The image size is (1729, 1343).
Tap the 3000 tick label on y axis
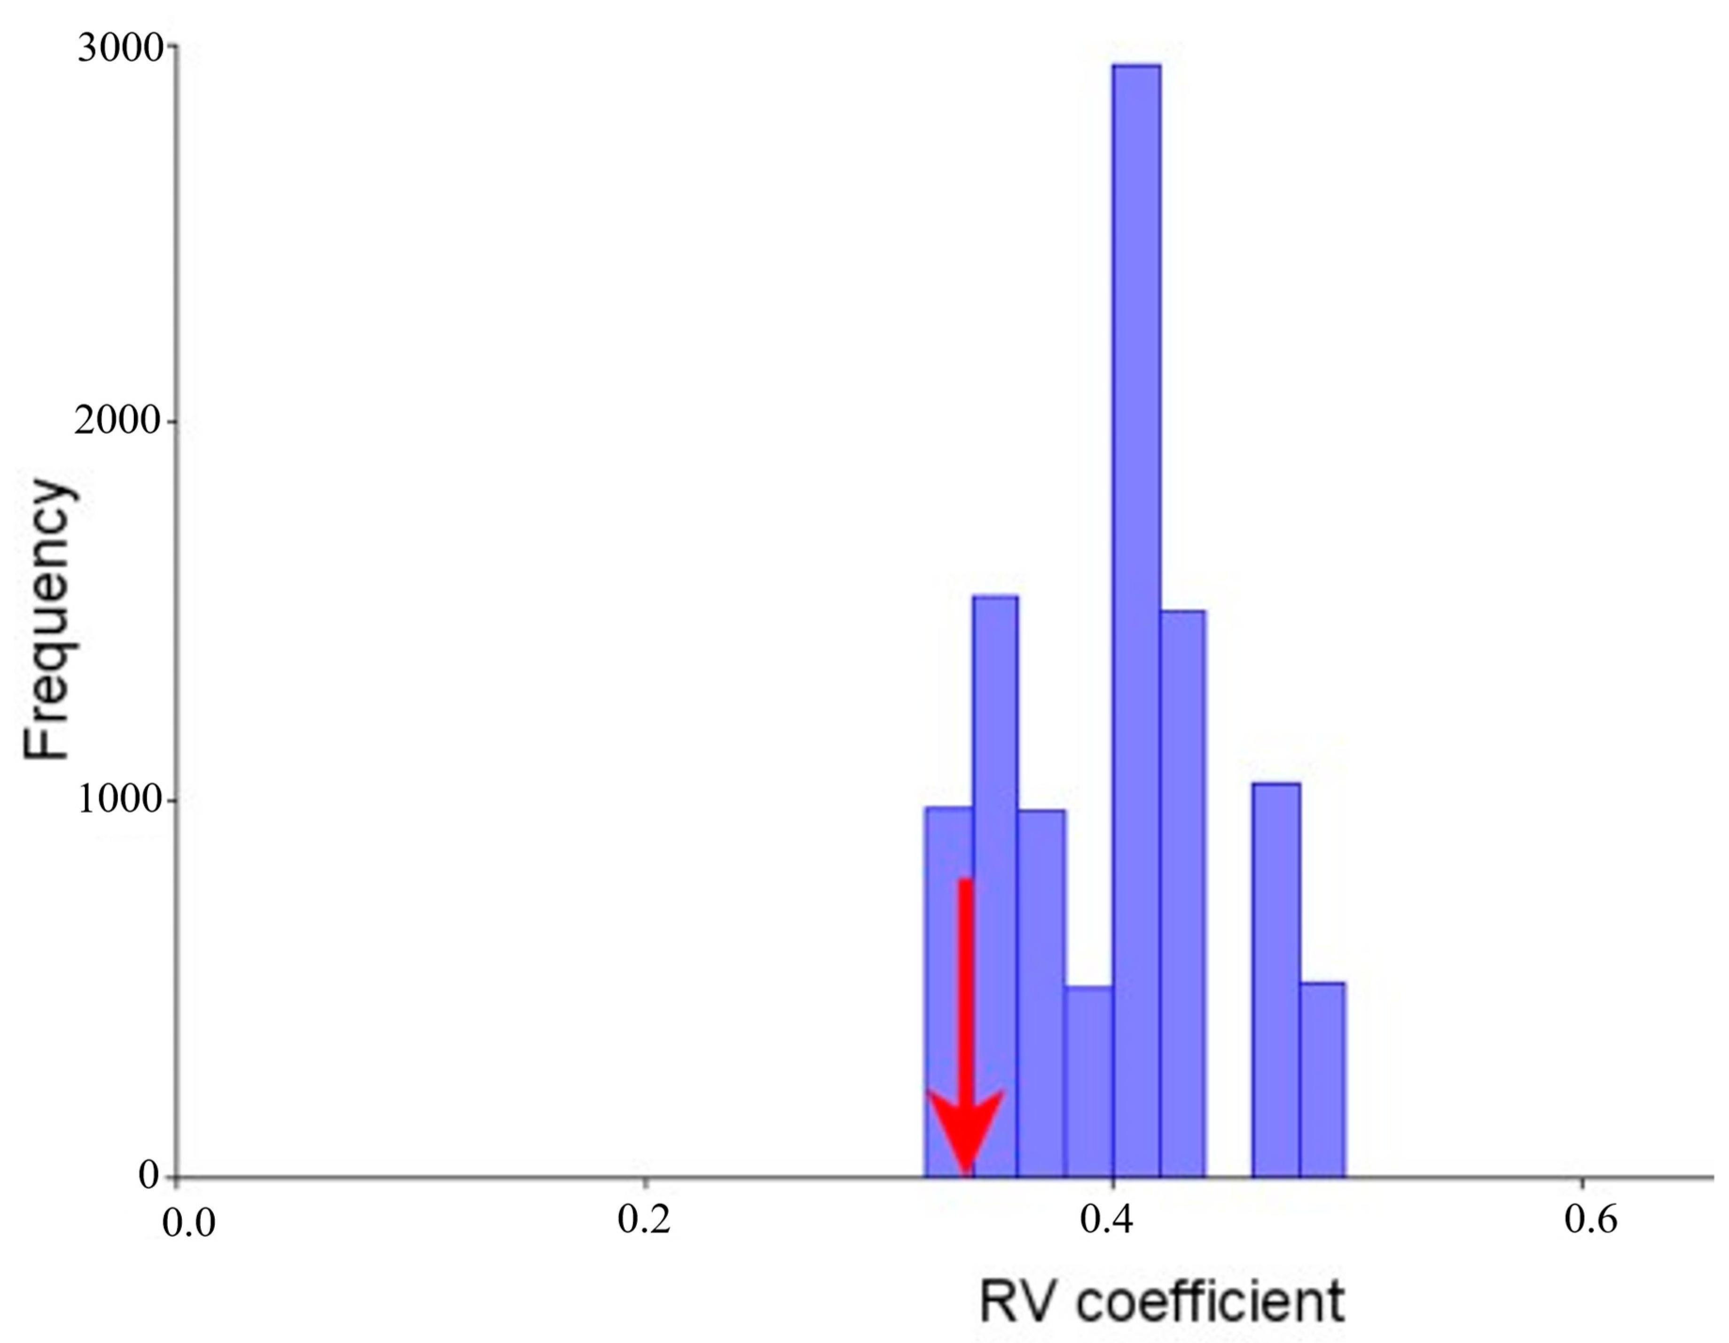pyautogui.click(x=119, y=49)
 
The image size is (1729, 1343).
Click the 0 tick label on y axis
pyautogui.click(x=149, y=1175)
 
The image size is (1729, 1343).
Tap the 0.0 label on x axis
pyautogui.click(x=188, y=1223)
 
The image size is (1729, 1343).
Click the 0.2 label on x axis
pyautogui.click(x=644, y=1221)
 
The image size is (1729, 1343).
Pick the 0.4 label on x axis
pyautogui.click(x=1107, y=1221)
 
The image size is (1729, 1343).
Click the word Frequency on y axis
pyautogui.click(x=49, y=620)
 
